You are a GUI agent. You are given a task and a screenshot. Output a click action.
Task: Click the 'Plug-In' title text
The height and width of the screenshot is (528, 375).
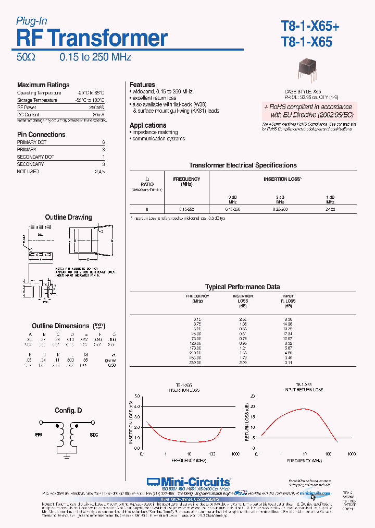coord(32,21)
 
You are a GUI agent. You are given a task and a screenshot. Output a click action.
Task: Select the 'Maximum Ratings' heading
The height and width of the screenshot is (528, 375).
coord(43,85)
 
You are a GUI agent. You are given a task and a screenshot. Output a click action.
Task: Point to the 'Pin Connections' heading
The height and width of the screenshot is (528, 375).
coord(41,134)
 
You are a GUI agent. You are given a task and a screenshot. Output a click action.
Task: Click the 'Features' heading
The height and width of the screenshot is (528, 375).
coord(142,85)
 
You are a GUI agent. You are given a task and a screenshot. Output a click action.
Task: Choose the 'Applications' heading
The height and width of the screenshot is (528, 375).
coord(148,125)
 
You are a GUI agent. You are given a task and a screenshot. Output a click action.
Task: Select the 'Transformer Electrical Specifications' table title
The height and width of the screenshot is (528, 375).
coord(243,165)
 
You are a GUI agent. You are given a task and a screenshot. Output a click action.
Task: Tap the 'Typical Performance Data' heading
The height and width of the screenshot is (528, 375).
coord(242,287)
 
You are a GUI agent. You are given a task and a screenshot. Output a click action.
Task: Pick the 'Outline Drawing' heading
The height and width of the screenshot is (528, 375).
coord(68,217)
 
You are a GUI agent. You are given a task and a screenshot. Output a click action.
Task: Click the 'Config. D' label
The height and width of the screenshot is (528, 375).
coord(68,411)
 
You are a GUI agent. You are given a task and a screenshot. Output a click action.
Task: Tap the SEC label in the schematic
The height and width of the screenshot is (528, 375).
coord(94,434)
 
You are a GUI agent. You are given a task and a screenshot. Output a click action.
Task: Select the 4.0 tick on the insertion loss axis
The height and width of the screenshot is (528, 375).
coord(136,406)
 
